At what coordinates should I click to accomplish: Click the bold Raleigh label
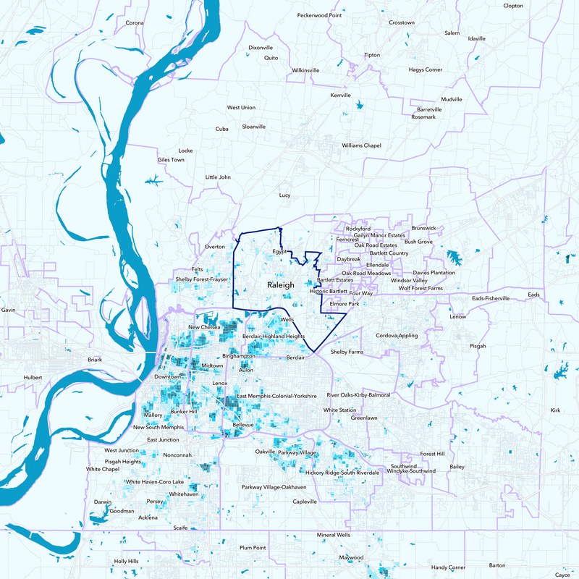point(281,285)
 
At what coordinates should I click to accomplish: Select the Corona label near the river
point(135,22)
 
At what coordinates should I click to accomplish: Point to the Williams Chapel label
point(361,145)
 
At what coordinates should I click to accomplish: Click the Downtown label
point(167,377)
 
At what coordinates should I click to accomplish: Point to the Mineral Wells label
point(334,535)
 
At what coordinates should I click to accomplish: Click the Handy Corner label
point(449,567)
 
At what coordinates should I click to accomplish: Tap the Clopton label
point(512,6)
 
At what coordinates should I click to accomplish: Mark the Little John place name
point(218,177)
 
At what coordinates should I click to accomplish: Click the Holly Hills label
point(126,561)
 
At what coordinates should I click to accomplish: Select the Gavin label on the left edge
point(9,310)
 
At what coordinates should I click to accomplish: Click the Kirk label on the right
point(555,410)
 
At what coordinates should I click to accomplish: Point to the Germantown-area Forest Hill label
point(432,454)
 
